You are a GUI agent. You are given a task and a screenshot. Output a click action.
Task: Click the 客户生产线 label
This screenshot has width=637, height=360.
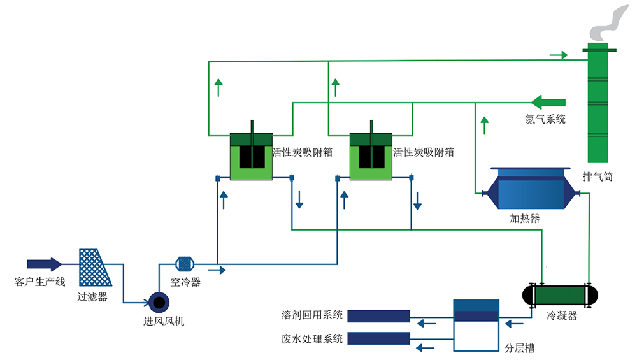(39, 281)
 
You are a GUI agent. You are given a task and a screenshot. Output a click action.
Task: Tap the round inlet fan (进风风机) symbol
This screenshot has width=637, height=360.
(157, 301)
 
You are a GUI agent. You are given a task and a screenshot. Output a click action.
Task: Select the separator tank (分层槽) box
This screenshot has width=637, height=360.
(476, 325)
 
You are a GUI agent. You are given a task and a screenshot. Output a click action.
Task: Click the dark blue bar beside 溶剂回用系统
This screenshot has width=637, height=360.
(379, 315)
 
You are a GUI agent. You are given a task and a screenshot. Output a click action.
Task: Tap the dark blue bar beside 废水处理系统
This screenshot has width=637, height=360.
(379, 338)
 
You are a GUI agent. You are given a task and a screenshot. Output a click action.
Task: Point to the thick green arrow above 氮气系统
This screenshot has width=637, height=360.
(548, 101)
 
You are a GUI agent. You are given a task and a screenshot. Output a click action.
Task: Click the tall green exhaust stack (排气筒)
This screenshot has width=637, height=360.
(598, 105)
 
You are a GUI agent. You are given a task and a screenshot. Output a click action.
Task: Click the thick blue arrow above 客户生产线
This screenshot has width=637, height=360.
(44, 264)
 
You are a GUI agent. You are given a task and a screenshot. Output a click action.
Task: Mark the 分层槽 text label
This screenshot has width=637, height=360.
(520, 349)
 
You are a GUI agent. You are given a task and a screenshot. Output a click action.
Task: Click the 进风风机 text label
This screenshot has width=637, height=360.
(164, 321)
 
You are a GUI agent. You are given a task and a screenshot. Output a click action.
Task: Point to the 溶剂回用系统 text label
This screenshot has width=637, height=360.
(312, 315)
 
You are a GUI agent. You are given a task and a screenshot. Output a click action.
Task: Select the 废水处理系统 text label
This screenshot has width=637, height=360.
(312, 338)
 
